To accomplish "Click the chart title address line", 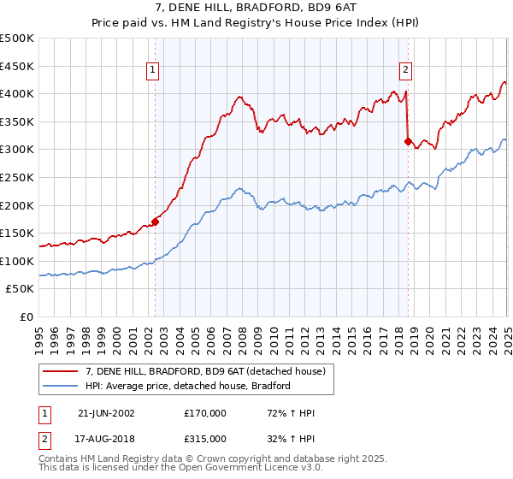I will click(256, 8).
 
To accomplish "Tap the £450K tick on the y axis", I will click(17, 66).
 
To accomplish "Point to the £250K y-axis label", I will click(17, 177).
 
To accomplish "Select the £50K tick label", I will click(21, 289).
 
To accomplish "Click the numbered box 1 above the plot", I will click(151, 71).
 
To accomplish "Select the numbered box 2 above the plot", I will click(404, 71).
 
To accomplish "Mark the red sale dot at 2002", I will click(155, 222).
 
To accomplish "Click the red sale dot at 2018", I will click(408, 141).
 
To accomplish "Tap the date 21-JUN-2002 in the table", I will click(106, 414).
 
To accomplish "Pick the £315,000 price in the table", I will click(205, 438).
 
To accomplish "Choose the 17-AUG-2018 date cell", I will click(107, 438).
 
